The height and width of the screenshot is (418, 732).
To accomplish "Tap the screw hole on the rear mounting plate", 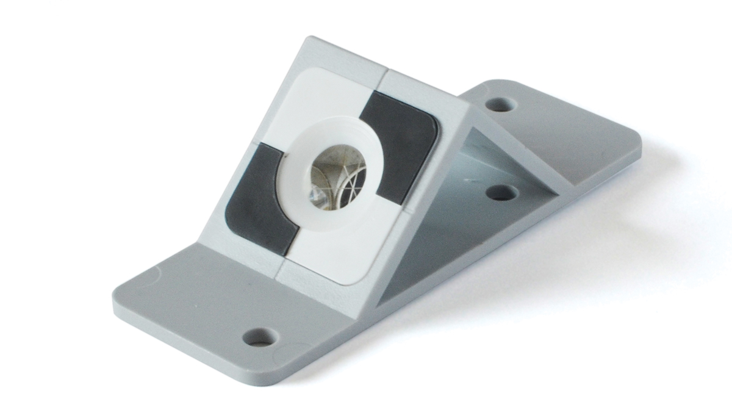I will coord(500,104).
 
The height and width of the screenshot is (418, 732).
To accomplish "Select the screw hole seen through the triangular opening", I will coord(501,193).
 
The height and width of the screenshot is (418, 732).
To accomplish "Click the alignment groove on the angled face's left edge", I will coord(251,146).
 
